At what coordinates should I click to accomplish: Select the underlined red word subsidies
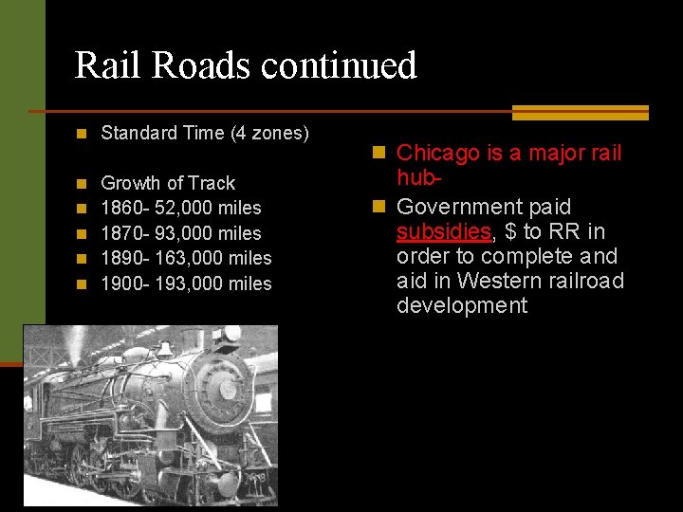click(444, 231)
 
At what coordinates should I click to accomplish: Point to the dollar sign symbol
click(510, 231)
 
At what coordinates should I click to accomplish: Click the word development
click(462, 305)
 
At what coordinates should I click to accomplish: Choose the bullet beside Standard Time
click(83, 134)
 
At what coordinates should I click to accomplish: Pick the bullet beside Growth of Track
click(83, 183)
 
